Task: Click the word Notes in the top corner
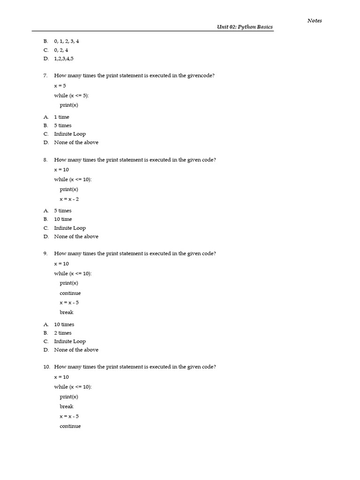[x=315, y=20]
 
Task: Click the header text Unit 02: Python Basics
[x=244, y=27]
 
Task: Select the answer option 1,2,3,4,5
[x=64, y=59]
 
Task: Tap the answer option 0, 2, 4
[x=61, y=50]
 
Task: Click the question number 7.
[x=45, y=75]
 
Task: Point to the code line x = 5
[x=60, y=86]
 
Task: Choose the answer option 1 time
[x=61, y=117]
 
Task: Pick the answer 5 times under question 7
[x=63, y=125]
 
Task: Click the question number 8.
[x=45, y=159]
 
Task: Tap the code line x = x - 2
[x=69, y=199]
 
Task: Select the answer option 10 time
[x=63, y=219]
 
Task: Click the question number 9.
[x=45, y=253]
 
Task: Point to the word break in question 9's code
[x=67, y=312]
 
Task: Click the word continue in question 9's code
[x=70, y=293]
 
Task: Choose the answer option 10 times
[x=64, y=324]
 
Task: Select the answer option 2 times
[x=63, y=333]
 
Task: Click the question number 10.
[x=46, y=367]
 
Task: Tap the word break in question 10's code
[x=67, y=406]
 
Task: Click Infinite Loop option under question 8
[x=70, y=228]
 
